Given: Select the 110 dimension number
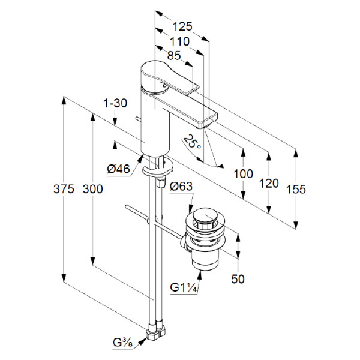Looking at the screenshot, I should click(178, 41).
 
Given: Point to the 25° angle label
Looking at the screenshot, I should click(192, 142).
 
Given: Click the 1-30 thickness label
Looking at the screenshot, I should click(115, 103).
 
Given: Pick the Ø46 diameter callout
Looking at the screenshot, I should click(119, 169).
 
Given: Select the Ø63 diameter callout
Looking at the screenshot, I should click(181, 187).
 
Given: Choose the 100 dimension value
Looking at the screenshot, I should click(243, 174).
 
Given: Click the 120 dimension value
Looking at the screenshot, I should click(269, 183).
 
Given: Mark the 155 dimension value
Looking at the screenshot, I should click(296, 189).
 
